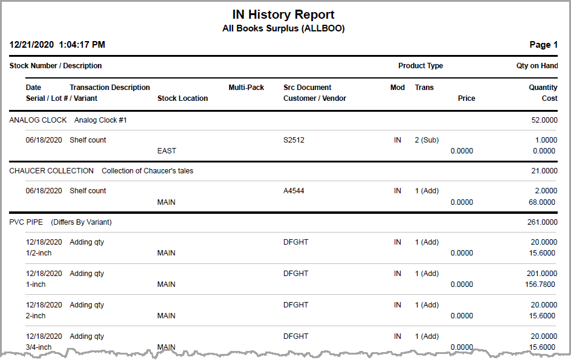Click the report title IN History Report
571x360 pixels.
[x=283, y=14]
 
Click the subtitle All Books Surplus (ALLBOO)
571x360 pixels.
[x=283, y=28]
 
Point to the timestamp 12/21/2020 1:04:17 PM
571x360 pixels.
[x=57, y=45]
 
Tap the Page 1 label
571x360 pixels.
[x=544, y=45]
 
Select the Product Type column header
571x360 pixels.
[x=421, y=66]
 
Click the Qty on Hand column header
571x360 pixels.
[x=533, y=66]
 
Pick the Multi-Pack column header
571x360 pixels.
[x=246, y=88]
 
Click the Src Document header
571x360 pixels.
[x=308, y=88]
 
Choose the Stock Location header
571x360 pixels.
[x=182, y=98]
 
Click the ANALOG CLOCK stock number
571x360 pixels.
[x=38, y=120]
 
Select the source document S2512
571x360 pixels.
[x=294, y=140]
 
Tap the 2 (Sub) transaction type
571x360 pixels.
[x=427, y=140]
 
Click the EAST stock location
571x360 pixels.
[x=166, y=151]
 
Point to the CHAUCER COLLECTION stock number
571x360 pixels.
[x=51, y=171]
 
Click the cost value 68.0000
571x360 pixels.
[x=542, y=202]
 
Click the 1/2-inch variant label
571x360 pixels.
[x=39, y=253]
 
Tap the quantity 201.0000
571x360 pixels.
[x=542, y=274]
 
